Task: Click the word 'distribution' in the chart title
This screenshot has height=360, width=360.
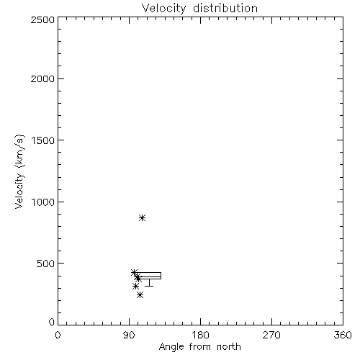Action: (x=225, y=9)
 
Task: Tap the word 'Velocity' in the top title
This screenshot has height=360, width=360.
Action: (x=164, y=9)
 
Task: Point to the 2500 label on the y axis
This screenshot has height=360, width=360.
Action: (x=42, y=19)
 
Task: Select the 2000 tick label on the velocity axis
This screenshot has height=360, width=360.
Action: (x=42, y=78)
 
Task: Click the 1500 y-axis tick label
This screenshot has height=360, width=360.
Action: (x=43, y=140)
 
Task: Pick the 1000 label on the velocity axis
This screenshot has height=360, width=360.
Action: (x=43, y=202)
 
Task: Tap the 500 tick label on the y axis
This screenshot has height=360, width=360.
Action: (x=46, y=264)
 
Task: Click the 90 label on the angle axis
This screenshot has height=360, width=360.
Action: (x=129, y=335)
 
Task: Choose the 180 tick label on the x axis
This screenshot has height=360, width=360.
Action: (x=200, y=335)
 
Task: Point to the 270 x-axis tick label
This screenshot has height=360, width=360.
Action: (x=271, y=335)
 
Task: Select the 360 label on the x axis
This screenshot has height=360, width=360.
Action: (x=343, y=335)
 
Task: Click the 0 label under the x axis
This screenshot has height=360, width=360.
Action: (x=58, y=335)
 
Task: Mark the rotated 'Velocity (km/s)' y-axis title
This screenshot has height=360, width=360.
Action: (x=19, y=171)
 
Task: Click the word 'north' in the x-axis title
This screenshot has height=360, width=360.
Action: (x=229, y=347)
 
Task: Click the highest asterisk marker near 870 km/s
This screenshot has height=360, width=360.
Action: (x=142, y=217)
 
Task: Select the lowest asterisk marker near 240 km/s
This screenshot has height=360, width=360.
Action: (x=140, y=294)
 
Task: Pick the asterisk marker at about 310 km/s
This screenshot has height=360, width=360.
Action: (x=135, y=286)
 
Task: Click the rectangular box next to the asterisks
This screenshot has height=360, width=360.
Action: (x=149, y=272)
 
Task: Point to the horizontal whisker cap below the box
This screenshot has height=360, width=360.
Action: (x=149, y=286)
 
